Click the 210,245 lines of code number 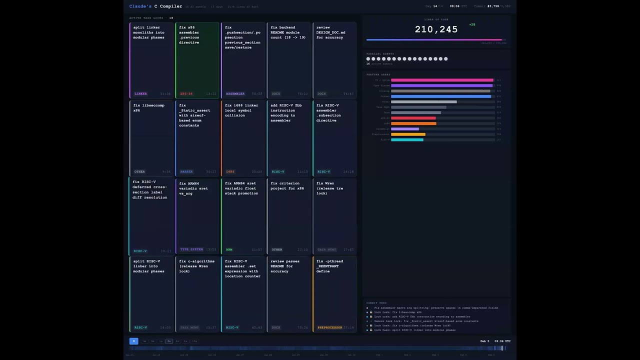[x=436, y=29]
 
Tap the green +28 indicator [x=472, y=24]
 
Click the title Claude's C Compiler [x=155, y=6]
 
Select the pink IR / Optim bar [x=442, y=80]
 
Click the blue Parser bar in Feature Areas [x=440, y=96]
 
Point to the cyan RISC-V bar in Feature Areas [x=407, y=140]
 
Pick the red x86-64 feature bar [x=413, y=118]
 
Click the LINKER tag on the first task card [x=140, y=93]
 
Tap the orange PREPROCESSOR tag [x=329, y=327]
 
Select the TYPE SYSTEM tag [x=191, y=249]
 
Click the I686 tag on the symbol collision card [x=230, y=171]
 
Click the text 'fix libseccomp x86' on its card [x=148, y=108]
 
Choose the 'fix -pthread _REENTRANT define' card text [x=329, y=266]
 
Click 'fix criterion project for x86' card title [x=287, y=186]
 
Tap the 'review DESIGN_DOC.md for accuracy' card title [x=330, y=32]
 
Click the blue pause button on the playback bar [x=133, y=341]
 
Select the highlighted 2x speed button [x=169, y=341]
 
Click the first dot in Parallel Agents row [x=368, y=59]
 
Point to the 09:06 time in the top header [x=454, y=6]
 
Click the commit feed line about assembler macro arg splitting [x=435, y=308]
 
